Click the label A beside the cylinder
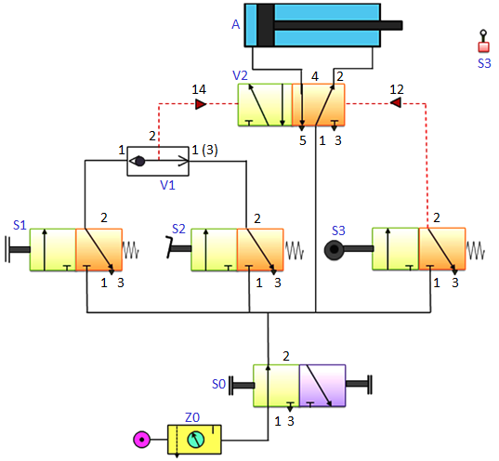click(x=235, y=24)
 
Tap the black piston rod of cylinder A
click(x=338, y=25)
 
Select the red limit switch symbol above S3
click(x=483, y=42)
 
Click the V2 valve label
click(x=240, y=76)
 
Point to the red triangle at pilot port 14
click(x=200, y=104)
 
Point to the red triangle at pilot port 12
click(x=396, y=102)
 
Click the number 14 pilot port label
click(x=199, y=89)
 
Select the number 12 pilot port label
click(x=397, y=89)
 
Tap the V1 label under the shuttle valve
click(x=167, y=185)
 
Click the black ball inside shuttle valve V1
click(x=139, y=161)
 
